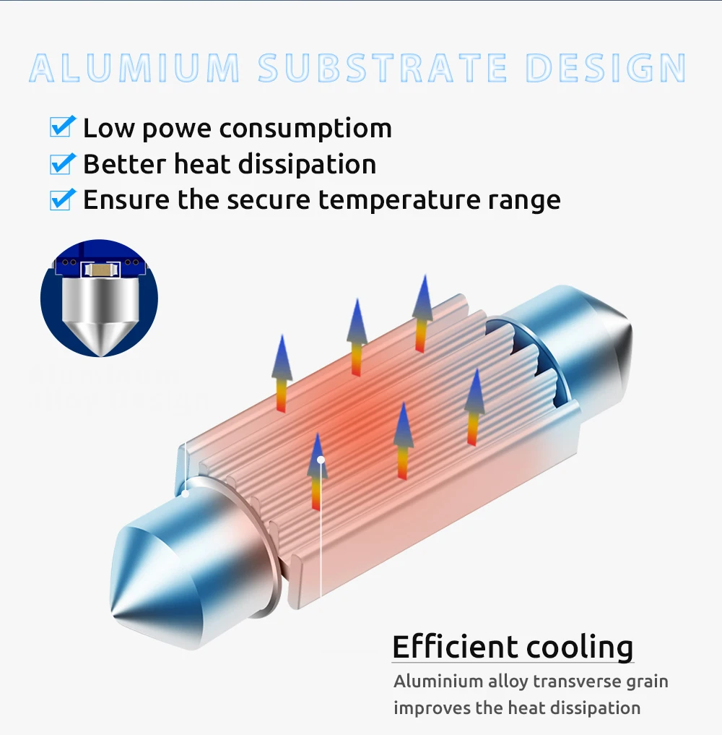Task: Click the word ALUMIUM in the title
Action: click(134, 68)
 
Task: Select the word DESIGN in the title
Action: click(606, 68)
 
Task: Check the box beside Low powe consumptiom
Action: click(62, 127)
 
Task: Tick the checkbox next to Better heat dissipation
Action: click(62, 163)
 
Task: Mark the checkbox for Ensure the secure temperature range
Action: click(62, 199)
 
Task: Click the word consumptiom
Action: click(305, 129)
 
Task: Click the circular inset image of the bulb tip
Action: click(99, 298)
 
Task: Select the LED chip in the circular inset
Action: click(99, 270)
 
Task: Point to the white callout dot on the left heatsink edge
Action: click(186, 494)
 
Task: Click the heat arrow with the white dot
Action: click(318, 470)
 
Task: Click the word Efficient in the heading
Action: click(455, 646)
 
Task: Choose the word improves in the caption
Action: click(431, 708)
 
